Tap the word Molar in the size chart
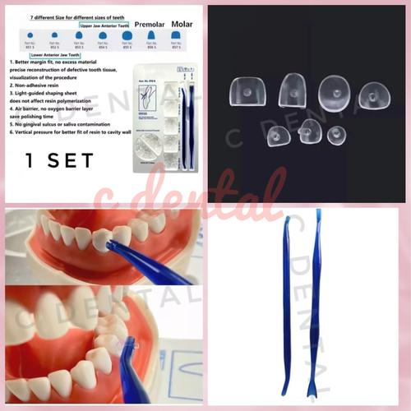click(x=179, y=25)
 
